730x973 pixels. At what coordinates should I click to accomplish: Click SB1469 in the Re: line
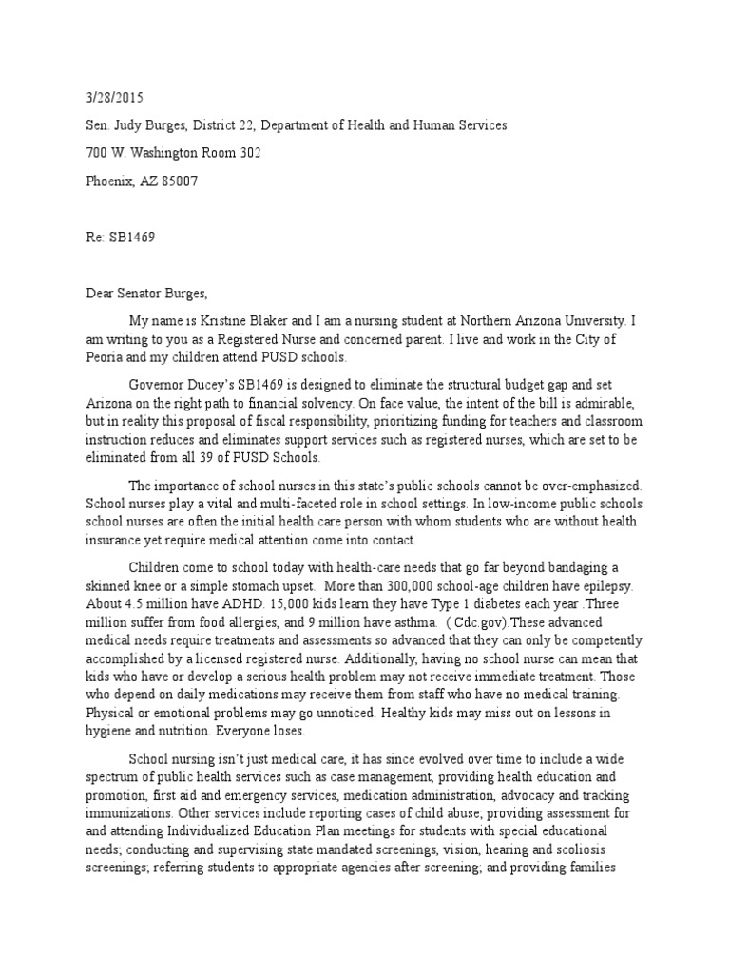point(129,238)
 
